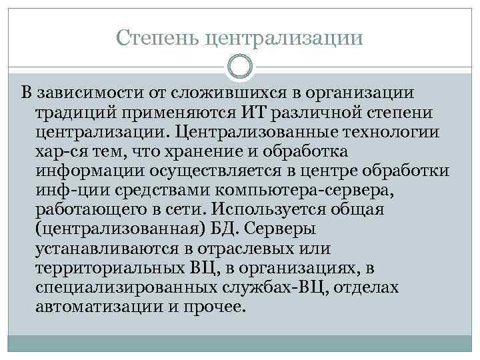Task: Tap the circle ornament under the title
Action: click(x=240, y=66)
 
